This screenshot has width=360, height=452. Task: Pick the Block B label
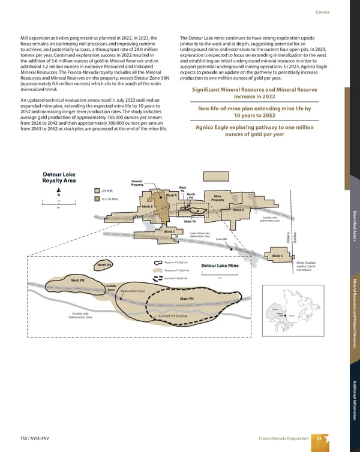coord(148,207)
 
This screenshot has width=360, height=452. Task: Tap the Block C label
coord(169,231)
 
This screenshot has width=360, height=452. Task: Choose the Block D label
coord(238,210)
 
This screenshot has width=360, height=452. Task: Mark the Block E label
coord(277,256)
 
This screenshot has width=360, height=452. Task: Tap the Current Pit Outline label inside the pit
coord(174,316)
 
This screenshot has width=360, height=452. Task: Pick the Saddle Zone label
coord(110,288)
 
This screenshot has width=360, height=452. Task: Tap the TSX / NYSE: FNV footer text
coord(33,439)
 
